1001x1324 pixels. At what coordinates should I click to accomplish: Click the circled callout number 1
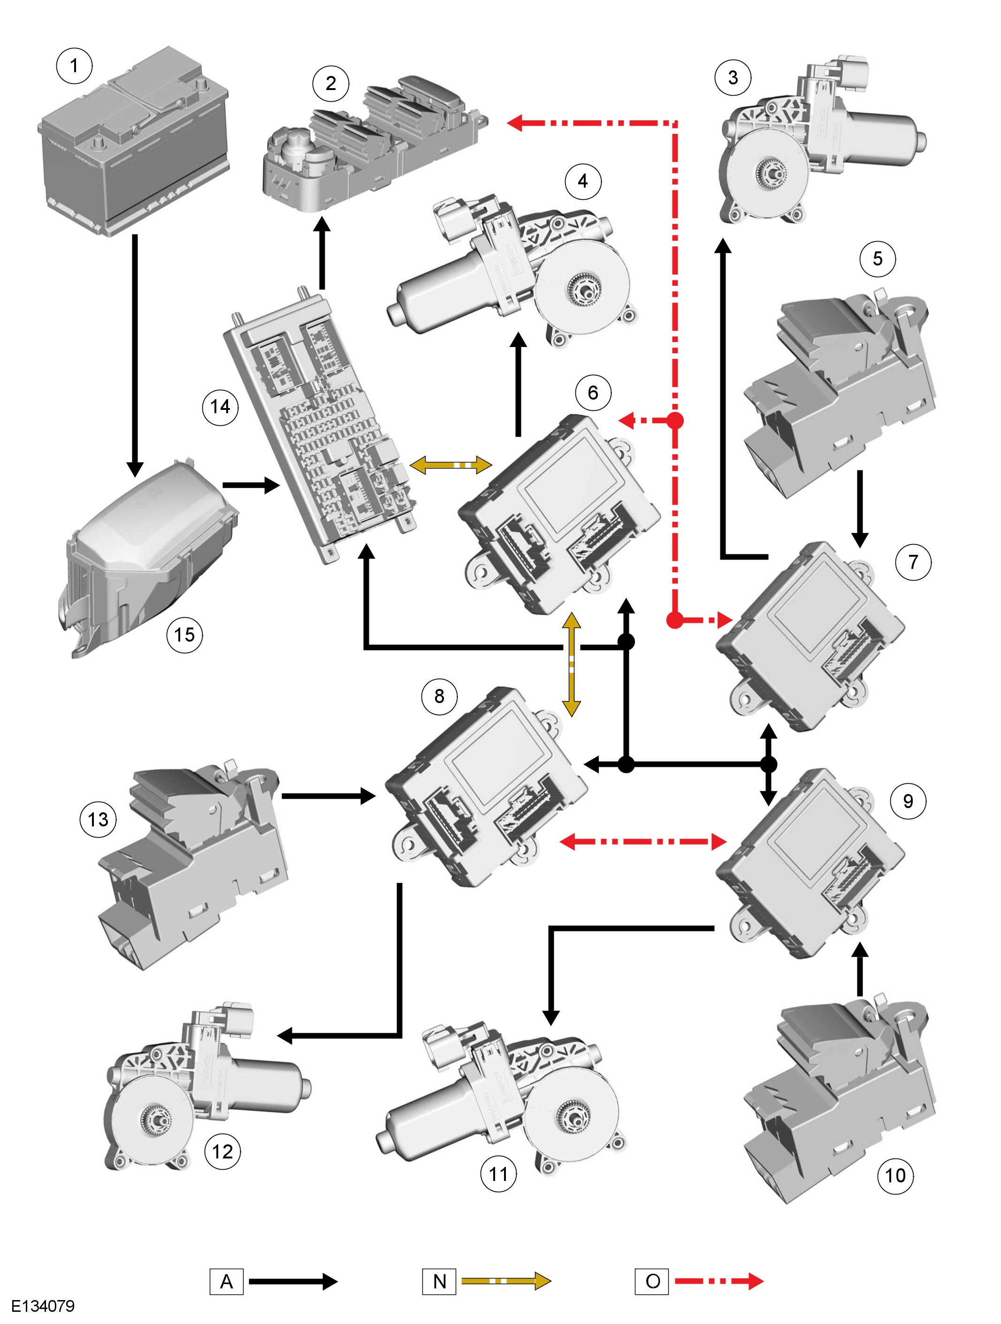(74, 65)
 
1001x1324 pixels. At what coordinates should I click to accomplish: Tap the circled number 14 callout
(220, 407)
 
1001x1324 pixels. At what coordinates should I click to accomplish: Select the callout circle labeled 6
(592, 393)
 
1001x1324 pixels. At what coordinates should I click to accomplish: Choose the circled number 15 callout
(184, 635)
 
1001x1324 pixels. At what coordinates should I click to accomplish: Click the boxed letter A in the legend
(227, 1281)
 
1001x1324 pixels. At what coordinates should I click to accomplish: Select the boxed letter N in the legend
(439, 1281)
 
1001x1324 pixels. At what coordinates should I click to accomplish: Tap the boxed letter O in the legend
(652, 1281)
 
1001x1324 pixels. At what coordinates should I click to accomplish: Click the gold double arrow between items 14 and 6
(451, 464)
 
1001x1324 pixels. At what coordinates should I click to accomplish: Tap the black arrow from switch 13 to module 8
(329, 796)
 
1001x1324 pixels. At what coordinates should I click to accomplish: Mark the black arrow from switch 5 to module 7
(860, 509)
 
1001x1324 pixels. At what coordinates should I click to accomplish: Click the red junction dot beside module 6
(675, 420)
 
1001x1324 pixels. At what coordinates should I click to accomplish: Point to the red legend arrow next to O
(719, 1281)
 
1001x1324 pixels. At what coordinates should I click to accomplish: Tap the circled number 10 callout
(895, 1175)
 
